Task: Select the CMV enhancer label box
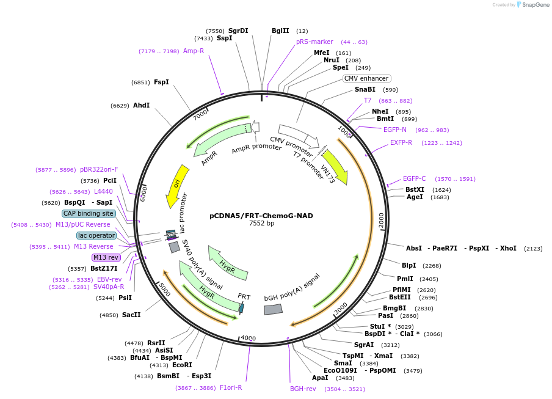click(x=366, y=78)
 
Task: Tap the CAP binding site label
click(x=89, y=213)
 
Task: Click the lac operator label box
click(x=96, y=235)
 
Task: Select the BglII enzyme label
click(x=280, y=31)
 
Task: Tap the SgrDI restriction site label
click(x=238, y=31)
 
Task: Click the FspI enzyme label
click(x=161, y=82)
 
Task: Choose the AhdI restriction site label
click(x=141, y=105)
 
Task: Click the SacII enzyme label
click(x=131, y=315)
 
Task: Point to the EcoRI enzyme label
click(x=182, y=365)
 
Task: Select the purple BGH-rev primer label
click(x=303, y=388)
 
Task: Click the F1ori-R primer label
click(x=231, y=387)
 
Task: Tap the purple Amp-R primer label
click(x=194, y=51)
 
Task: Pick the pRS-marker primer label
click(x=314, y=42)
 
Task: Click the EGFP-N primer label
click(x=395, y=130)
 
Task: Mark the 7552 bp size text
click(x=261, y=224)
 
